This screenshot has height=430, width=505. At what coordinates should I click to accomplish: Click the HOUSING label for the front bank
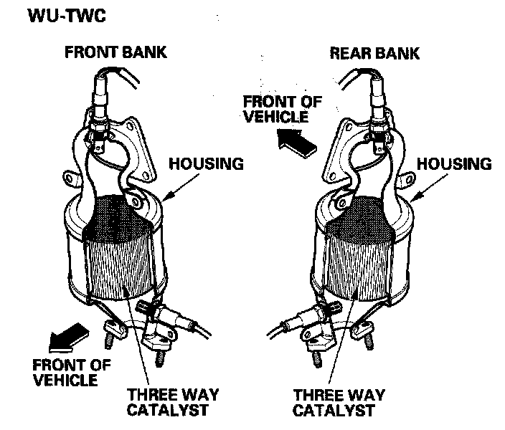pos(206,163)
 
